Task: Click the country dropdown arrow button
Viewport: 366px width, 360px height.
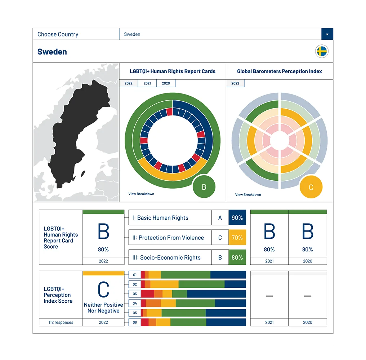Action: point(327,34)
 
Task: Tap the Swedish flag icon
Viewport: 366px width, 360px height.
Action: point(322,52)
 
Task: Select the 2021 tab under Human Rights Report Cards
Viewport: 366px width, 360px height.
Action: point(147,83)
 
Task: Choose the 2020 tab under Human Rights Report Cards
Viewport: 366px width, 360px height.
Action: point(166,83)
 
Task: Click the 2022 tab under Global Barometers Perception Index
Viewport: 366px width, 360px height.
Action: point(235,83)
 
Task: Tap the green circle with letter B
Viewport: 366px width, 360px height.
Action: point(204,187)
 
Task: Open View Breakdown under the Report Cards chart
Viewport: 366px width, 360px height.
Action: point(141,194)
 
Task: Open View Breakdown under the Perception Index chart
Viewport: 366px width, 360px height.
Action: point(248,194)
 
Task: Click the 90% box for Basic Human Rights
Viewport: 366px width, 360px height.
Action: point(237,218)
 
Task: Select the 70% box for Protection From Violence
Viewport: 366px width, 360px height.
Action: point(237,238)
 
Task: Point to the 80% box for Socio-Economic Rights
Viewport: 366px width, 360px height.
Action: point(237,258)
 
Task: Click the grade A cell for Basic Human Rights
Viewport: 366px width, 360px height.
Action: point(220,218)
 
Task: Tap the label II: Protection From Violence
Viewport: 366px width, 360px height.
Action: point(171,238)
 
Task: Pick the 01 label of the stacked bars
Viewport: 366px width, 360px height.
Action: point(135,275)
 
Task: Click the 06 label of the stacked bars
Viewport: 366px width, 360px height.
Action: point(135,322)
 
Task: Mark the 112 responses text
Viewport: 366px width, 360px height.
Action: point(61,322)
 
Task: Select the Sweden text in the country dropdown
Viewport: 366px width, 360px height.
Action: point(132,34)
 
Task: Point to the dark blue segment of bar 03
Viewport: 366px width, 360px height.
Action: point(216,294)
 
